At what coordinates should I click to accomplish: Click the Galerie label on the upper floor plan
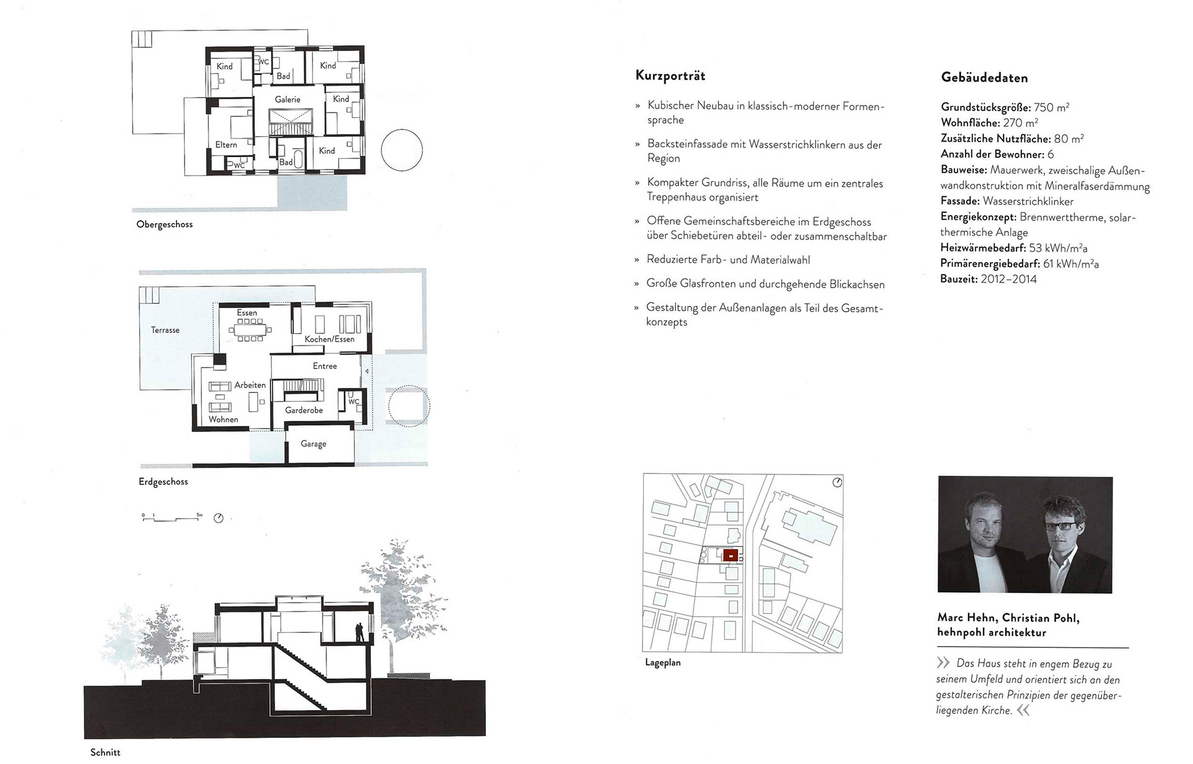(288, 99)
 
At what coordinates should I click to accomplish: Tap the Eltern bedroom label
(226, 145)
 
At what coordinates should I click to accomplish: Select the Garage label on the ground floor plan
(313, 444)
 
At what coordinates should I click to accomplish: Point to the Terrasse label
(165, 330)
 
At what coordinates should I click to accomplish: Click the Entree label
(325, 366)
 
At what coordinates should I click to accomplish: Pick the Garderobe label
(304, 411)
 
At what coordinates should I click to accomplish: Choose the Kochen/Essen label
(329, 339)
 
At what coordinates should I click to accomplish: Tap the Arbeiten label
(250, 385)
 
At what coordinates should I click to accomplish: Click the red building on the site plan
(731, 555)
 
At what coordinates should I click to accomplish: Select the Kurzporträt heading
(670, 76)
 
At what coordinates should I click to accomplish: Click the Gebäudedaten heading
(984, 78)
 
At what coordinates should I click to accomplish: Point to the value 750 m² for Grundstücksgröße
(1051, 107)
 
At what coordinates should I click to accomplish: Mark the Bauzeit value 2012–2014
(1008, 280)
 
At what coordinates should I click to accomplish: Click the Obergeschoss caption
(165, 224)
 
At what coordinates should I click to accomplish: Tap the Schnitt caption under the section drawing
(105, 752)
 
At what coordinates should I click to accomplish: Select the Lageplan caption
(663, 663)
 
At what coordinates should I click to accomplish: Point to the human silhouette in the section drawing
(359, 633)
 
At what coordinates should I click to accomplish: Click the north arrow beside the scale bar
(219, 518)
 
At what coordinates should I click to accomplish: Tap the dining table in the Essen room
(250, 330)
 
